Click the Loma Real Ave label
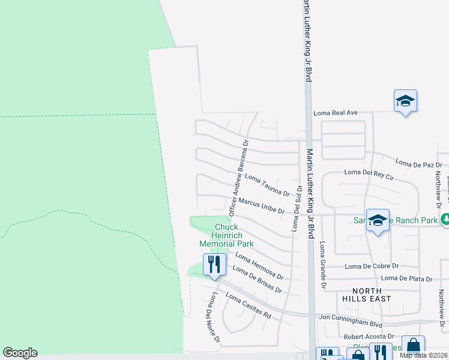click(336, 112)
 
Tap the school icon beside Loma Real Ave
click(405, 101)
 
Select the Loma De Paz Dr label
click(418, 162)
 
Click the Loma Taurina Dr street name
click(267, 185)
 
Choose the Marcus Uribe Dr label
click(261, 206)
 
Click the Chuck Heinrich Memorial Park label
click(226, 235)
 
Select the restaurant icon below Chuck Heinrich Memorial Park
click(214, 265)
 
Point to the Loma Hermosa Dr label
click(259, 265)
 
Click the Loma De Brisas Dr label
click(256, 280)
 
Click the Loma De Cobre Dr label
click(372, 266)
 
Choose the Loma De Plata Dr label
click(407, 278)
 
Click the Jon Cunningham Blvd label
click(351, 316)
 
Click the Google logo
click(20, 353)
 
